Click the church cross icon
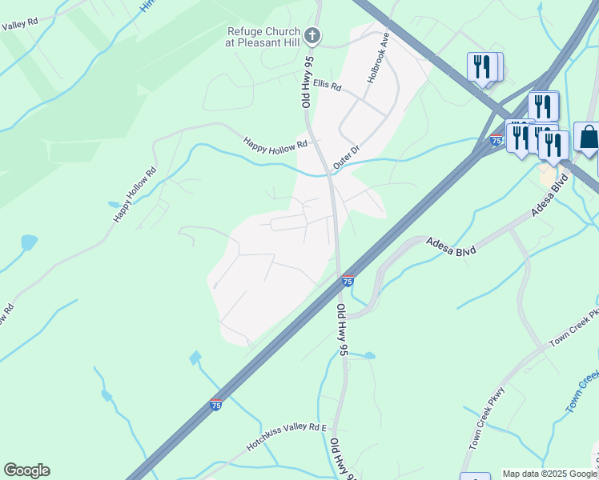click(313, 35)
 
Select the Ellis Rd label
click(328, 84)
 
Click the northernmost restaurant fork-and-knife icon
click(481, 66)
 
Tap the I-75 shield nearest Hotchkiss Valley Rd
click(215, 406)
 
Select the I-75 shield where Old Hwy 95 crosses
click(348, 281)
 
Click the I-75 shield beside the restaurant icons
click(496, 141)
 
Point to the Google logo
click(26, 470)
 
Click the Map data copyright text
click(549, 474)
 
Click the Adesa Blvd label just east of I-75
click(451, 246)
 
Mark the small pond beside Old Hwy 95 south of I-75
click(369, 354)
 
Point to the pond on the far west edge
click(29, 242)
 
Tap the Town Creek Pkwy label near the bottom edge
click(487, 429)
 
